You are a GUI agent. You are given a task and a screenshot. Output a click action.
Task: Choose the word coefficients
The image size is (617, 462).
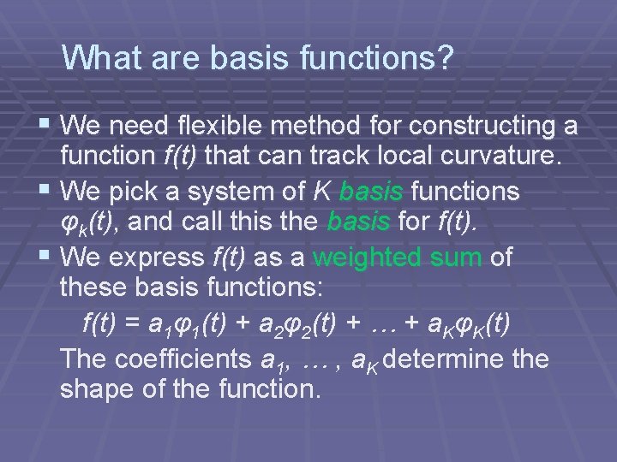(x=189, y=358)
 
